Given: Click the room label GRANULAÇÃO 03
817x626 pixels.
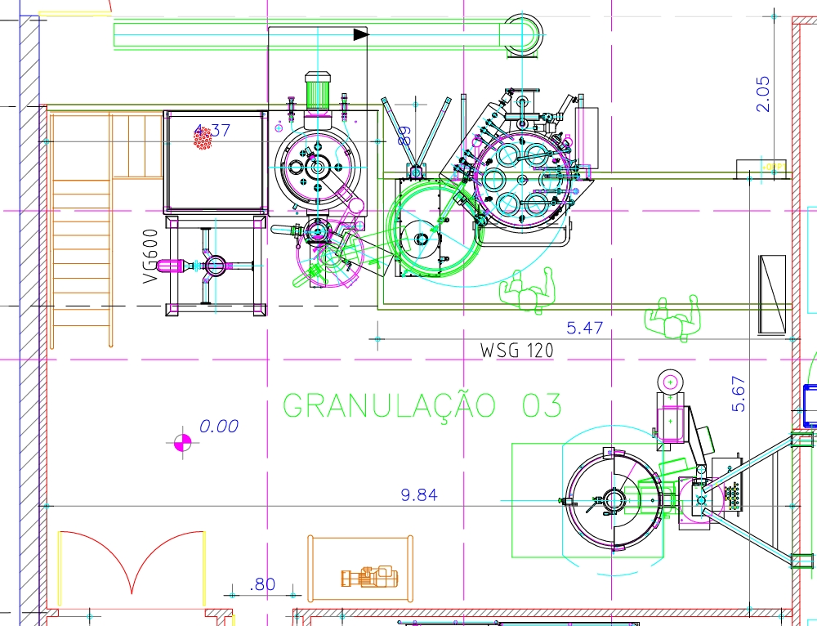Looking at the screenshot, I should point(422,405).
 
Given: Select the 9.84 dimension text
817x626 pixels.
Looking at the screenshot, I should point(419,494).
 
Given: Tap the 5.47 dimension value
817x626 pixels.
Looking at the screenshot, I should point(585,328).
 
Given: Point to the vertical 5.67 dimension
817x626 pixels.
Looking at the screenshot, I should point(739,393).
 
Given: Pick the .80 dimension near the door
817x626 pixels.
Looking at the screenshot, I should point(263,584).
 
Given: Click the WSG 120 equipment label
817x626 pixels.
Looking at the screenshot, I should point(516,351).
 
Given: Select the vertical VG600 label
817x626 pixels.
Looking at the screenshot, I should point(150,256).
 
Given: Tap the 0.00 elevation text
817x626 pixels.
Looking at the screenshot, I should point(219,426).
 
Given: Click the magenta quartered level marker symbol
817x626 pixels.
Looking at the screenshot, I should point(182,442).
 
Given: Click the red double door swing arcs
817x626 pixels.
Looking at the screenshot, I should point(131,560).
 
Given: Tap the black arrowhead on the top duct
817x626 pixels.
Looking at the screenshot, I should point(360,34).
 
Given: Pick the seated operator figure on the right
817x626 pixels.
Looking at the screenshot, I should point(675,319).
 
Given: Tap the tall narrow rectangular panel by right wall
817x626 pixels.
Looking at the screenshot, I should point(771,293).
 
